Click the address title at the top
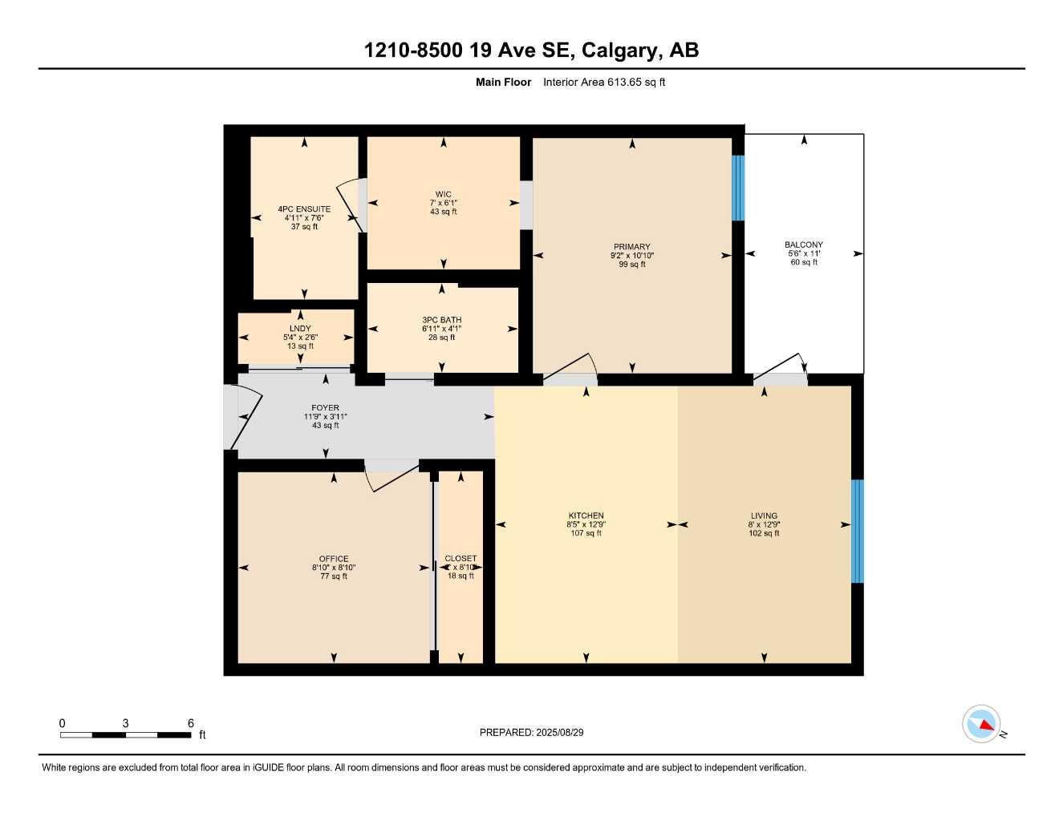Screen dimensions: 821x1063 pos(531,51)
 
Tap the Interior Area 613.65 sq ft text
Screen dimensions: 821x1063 pos(604,82)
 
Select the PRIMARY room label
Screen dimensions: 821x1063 pos(631,247)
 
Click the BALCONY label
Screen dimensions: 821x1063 pos(803,245)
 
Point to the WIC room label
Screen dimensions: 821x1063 pos(443,194)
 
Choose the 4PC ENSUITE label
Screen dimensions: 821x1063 pos(304,209)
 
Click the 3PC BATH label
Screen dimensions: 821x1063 pos(441,320)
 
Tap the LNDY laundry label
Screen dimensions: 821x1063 pos(300,329)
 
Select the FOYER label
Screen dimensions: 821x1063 pos(325,408)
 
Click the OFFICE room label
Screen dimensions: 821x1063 pos(334,559)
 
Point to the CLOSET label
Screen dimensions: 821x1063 pos(460,558)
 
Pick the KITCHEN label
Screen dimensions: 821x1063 pos(586,516)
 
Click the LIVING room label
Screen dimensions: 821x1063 pos(764,516)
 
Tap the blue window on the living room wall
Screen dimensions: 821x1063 pos(857,531)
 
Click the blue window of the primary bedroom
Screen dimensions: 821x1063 pos(738,188)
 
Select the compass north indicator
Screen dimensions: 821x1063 pos(982,725)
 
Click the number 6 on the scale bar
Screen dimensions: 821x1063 pos(191,723)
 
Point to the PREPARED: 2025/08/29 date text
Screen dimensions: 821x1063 pos(531,732)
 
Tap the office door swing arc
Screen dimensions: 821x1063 pos(392,477)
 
